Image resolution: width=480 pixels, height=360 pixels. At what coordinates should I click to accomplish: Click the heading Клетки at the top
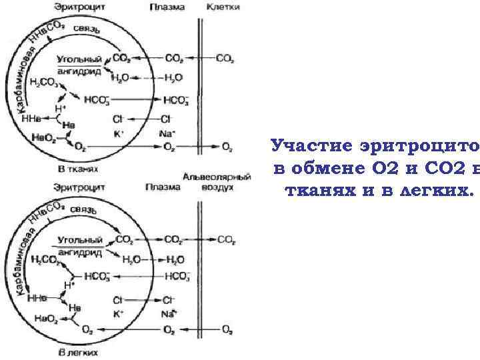pos(223,7)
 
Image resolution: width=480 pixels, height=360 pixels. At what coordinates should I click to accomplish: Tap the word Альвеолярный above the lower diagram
pos(217,177)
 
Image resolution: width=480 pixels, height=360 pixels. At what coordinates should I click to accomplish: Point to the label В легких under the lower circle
pos(77,351)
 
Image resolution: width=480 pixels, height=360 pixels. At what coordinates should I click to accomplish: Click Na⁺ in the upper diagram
pos(167,133)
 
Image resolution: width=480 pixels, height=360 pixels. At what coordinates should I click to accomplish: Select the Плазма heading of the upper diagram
pos(163,7)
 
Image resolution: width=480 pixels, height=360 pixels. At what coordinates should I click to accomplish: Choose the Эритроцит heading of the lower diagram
pos(78,187)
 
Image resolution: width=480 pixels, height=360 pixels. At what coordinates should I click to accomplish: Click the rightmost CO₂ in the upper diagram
pos(225,59)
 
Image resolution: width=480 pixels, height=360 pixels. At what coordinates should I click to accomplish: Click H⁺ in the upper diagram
pos(60,107)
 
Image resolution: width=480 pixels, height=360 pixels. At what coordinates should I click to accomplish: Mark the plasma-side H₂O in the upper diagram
pos(173,78)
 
